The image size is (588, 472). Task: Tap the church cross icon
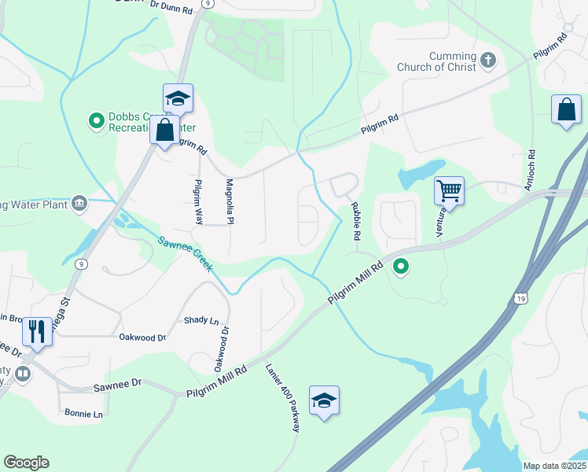click(x=488, y=60)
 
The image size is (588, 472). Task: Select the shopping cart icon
click(x=449, y=190)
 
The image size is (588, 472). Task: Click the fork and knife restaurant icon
click(x=37, y=331)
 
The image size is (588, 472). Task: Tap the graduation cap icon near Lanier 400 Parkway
click(x=324, y=400)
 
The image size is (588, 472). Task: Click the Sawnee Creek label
click(x=185, y=254)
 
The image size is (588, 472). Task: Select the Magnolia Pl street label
click(x=230, y=201)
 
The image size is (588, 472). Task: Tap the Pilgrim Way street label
click(x=198, y=201)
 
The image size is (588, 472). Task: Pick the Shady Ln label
click(x=201, y=320)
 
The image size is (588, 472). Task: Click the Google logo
click(x=26, y=463)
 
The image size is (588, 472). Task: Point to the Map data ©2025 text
click(x=554, y=466)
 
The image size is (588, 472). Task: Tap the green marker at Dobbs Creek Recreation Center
click(x=97, y=121)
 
